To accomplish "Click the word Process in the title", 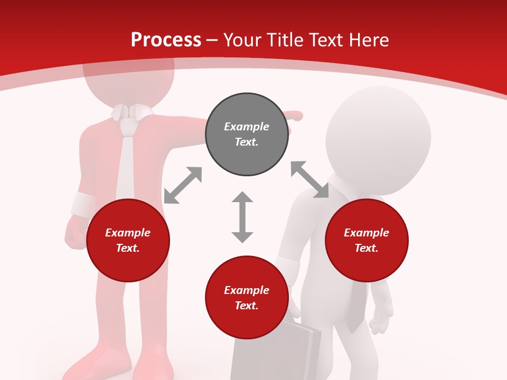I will (166, 40).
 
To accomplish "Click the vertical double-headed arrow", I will (242, 217).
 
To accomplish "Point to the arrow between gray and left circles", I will (183, 185).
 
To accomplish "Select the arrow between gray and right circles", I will (310, 179).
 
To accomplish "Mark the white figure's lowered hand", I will (380, 317).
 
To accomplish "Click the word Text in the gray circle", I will (246, 142).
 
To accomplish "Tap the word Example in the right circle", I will (367, 233).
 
